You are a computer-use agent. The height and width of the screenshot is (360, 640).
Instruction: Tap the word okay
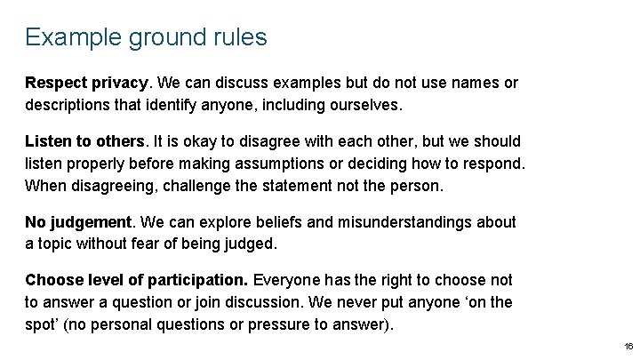(x=196, y=141)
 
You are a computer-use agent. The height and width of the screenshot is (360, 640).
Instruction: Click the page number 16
(x=628, y=346)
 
